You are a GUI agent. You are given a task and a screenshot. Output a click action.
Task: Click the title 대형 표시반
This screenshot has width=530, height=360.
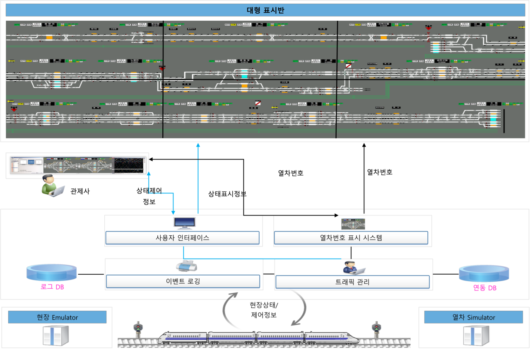click(x=265, y=11)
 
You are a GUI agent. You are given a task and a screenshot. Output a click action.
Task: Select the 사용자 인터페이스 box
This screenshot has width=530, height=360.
click(x=182, y=238)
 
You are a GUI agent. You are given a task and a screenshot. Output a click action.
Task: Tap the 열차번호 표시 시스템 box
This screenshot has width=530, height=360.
click(x=351, y=238)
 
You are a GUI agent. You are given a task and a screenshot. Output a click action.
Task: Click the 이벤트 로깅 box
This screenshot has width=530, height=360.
click(x=183, y=281)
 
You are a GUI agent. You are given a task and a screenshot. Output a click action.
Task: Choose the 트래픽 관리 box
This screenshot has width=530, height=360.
click(x=352, y=282)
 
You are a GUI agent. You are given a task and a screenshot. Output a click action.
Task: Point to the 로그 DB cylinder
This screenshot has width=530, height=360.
click(x=52, y=273)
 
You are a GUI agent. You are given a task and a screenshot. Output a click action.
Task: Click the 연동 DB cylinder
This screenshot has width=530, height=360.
click(x=484, y=274)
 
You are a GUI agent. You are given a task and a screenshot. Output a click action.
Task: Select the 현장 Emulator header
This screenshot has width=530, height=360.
click(x=57, y=317)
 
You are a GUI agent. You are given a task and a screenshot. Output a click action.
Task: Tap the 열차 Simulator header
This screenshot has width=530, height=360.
click(x=474, y=317)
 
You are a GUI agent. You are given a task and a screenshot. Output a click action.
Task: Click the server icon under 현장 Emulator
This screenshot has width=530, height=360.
click(x=56, y=335)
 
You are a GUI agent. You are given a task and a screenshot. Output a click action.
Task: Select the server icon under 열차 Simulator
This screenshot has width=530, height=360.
click(x=476, y=335)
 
